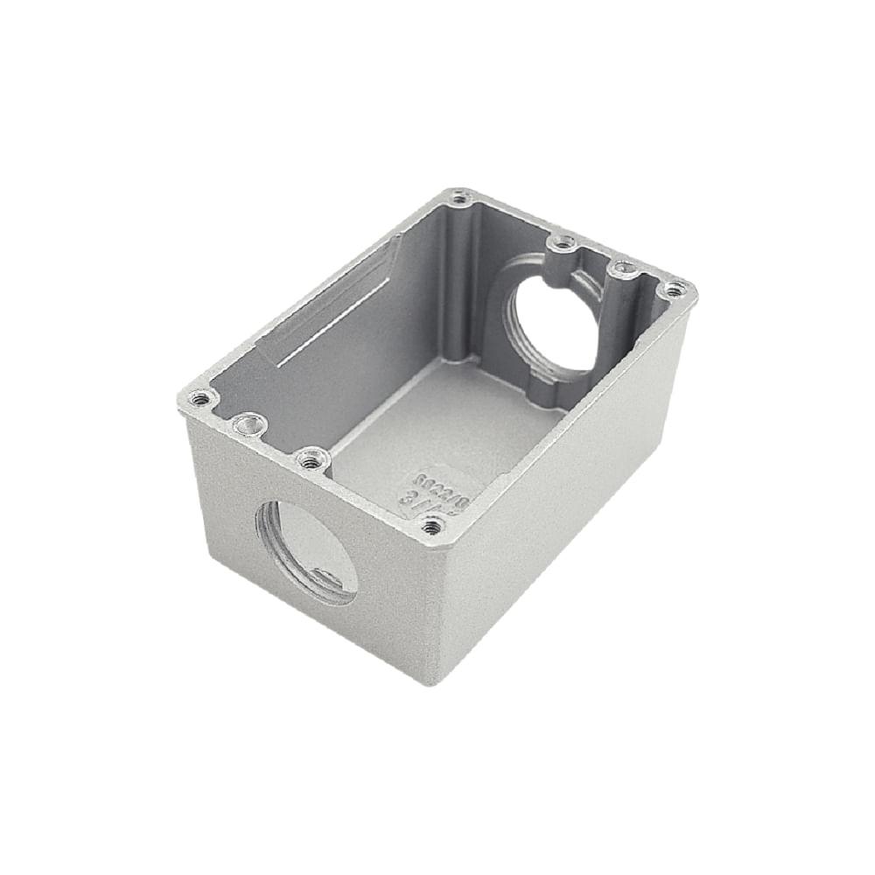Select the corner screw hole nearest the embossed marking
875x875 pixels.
[x=431, y=526]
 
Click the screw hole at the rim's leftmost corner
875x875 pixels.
[x=201, y=399]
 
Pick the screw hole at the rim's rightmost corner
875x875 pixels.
[x=673, y=288]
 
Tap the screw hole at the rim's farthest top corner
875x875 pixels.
[x=461, y=197]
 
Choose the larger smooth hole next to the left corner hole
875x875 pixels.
[x=250, y=425]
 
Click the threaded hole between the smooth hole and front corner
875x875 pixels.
[x=310, y=456]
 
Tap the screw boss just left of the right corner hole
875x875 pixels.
[x=624, y=269]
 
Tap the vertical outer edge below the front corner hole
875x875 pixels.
[x=437, y=604]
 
